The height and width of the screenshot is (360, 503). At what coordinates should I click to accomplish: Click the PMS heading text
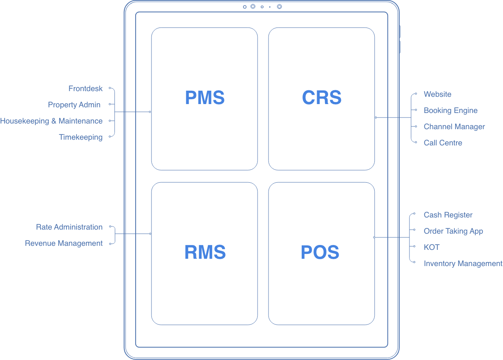(205, 98)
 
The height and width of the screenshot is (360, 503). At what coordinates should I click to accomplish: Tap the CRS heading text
(322, 98)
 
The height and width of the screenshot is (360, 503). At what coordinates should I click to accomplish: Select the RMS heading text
(205, 252)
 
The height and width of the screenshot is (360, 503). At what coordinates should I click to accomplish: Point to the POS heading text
(320, 252)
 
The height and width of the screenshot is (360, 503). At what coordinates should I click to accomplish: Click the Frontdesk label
(85, 89)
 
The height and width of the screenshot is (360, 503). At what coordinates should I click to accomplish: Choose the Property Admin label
(74, 105)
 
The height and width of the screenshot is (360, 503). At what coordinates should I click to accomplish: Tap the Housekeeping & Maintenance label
(51, 121)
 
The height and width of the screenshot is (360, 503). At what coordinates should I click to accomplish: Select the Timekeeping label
(81, 137)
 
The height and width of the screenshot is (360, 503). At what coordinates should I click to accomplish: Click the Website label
(437, 94)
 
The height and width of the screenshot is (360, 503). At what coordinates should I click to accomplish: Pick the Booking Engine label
(450, 111)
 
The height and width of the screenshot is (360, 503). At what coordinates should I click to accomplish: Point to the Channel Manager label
(454, 127)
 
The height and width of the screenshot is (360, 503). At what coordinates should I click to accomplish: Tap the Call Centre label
(443, 143)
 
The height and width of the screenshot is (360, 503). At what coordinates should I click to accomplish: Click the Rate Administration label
(69, 227)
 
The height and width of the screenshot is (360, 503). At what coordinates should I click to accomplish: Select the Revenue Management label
(64, 243)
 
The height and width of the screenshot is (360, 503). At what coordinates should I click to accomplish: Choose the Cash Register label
(448, 215)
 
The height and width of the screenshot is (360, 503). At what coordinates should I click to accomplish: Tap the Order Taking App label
(453, 231)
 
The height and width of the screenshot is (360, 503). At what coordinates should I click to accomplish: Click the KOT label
(432, 247)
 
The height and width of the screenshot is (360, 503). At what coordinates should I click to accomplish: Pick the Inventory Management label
(463, 264)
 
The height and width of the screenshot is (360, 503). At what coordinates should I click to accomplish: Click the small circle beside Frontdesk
(110, 88)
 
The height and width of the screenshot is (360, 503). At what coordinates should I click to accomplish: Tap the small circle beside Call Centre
(416, 142)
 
